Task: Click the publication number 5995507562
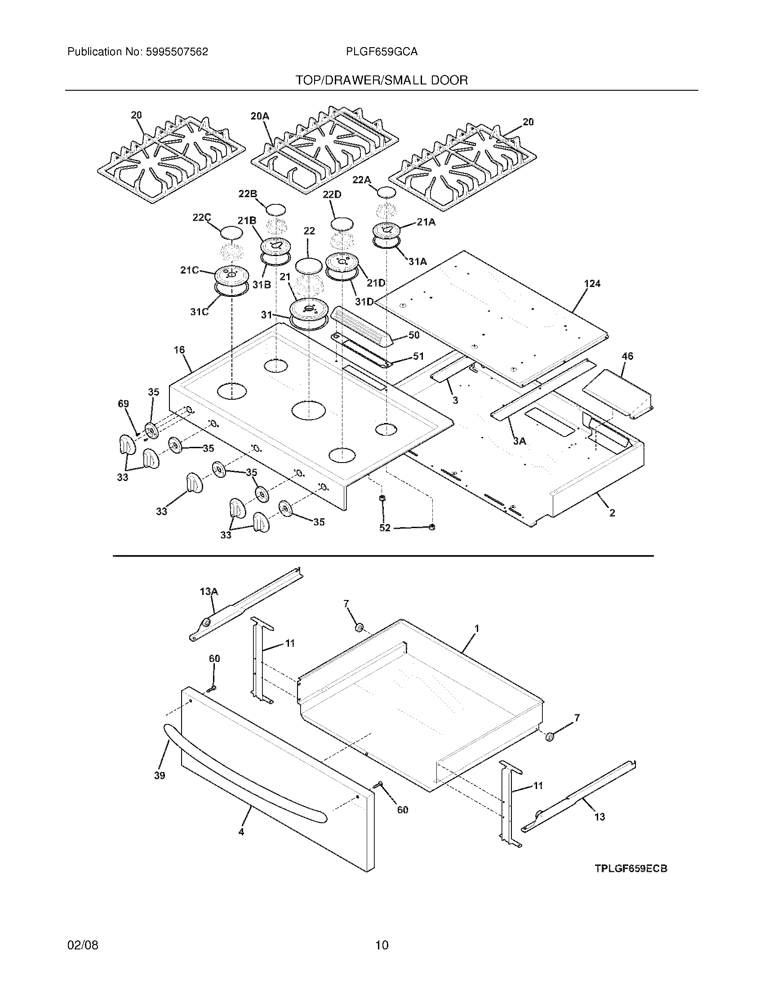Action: [x=177, y=52]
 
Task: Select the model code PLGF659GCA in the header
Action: [x=382, y=52]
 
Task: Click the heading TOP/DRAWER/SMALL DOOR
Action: [x=382, y=80]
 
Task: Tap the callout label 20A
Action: [x=260, y=116]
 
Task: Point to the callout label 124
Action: [x=592, y=284]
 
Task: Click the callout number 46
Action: [x=627, y=356]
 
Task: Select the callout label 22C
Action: [x=201, y=218]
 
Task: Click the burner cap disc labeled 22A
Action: [x=388, y=192]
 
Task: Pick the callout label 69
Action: [x=123, y=404]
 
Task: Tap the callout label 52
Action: [x=385, y=528]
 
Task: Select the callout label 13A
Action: [x=209, y=591]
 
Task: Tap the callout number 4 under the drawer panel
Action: [x=241, y=831]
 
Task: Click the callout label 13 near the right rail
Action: [x=599, y=817]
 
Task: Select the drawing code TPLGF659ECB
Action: [x=631, y=869]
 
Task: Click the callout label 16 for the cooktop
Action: [x=179, y=350]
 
